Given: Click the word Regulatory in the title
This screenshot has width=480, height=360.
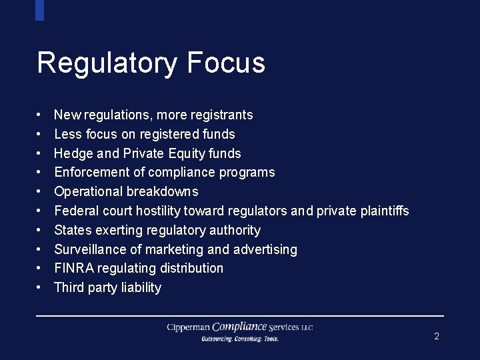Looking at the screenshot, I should click(107, 63).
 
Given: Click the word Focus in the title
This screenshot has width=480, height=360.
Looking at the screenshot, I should click(226, 63).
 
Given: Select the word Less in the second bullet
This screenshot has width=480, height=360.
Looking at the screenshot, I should click(67, 134).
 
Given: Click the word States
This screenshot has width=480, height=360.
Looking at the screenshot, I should click(73, 231).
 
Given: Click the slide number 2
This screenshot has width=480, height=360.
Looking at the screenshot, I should click(437, 337).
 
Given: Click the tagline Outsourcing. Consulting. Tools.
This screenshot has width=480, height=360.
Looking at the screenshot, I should click(240, 339).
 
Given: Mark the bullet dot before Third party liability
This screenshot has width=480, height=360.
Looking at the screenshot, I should click(39, 288).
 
